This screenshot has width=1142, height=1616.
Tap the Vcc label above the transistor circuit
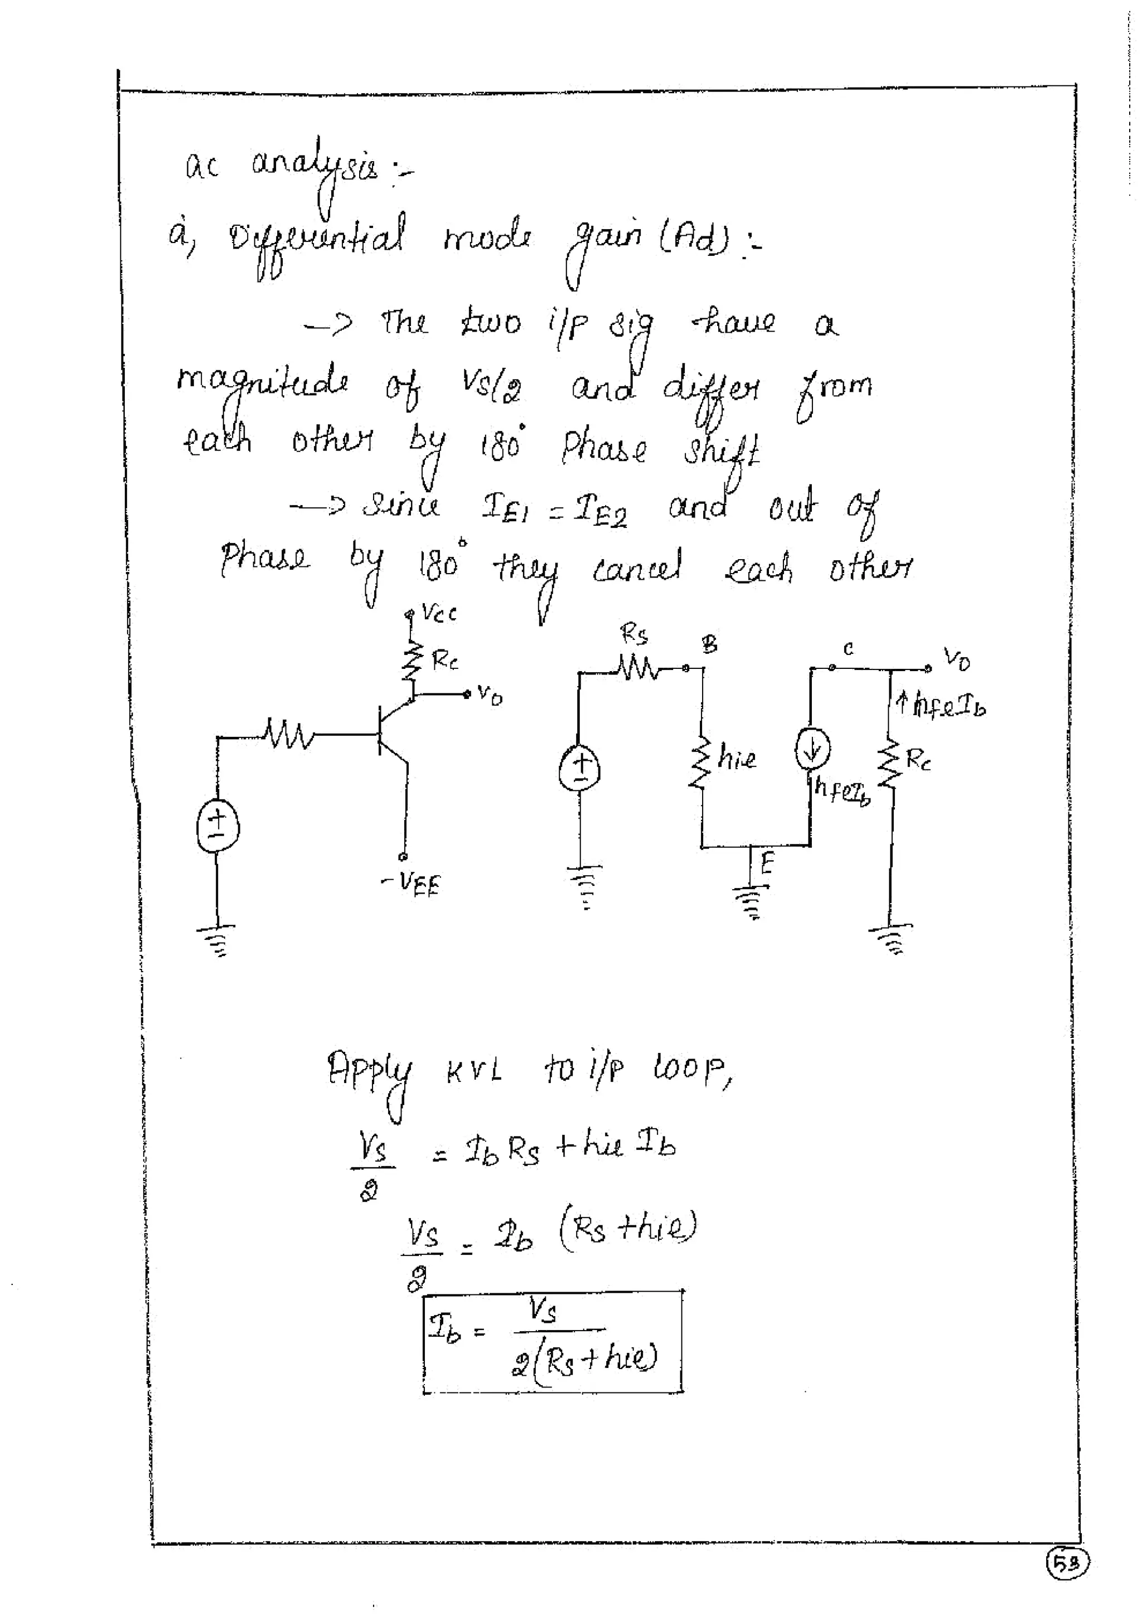click(439, 613)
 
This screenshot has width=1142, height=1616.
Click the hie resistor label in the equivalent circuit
click(737, 758)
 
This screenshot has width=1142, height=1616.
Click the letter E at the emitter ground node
click(767, 863)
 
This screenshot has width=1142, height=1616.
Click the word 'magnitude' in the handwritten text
click(262, 384)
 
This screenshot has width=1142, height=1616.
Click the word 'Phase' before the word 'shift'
click(604, 448)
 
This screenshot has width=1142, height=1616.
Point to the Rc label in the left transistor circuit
click(445, 660)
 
